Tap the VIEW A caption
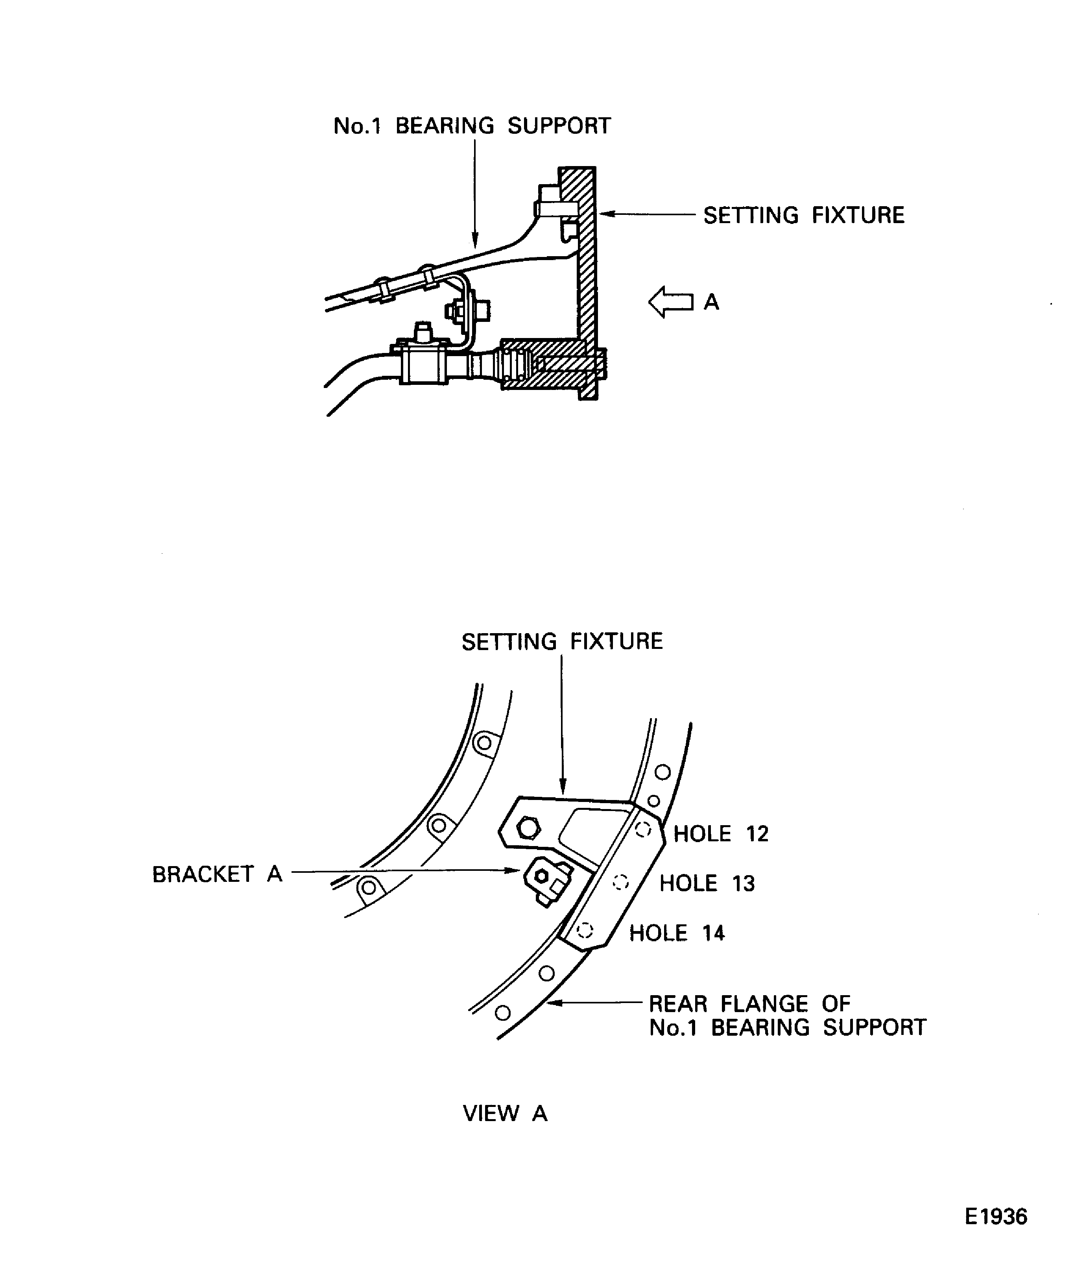coord(505,1113)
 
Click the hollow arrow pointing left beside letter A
coord(671,302)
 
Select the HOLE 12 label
coord(721,833)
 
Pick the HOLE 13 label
coord(707,883)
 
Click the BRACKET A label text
coord(217,874)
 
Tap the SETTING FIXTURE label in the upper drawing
coord(804,215)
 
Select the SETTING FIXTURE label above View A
coord(562,641)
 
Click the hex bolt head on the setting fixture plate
coord(528,829)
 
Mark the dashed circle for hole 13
coord(621,882)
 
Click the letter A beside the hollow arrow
coord(712,302)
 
